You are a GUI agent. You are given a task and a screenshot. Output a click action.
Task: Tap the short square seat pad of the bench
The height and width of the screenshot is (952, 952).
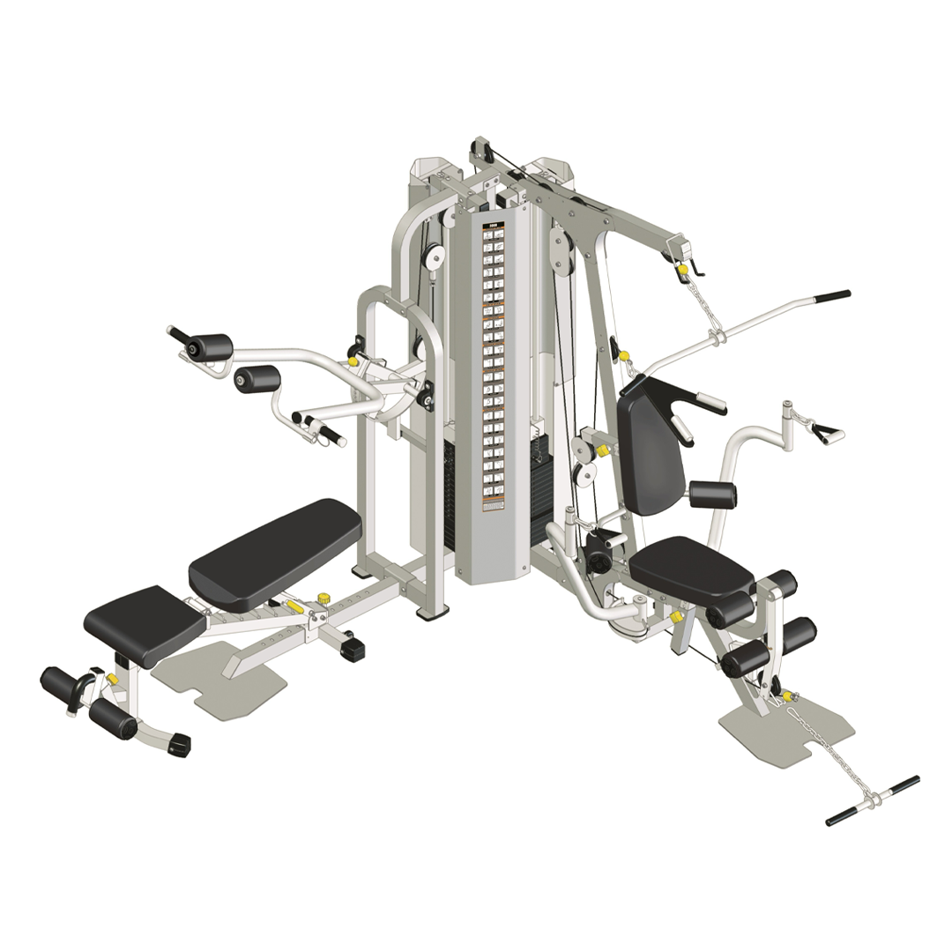[x=145, y=622]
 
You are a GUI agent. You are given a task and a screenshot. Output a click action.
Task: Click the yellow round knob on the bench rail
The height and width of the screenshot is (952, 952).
[x=323, y=599]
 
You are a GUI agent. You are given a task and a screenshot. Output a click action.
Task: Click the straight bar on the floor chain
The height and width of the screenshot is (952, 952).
[x=873, y=800]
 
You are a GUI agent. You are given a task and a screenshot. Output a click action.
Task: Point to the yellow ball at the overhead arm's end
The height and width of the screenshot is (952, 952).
[x=683, y=269]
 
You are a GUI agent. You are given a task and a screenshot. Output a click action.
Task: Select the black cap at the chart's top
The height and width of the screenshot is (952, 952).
[x=492, y=225]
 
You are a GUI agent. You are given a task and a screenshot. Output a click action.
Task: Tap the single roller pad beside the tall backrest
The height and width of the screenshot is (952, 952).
[x=712, y=495]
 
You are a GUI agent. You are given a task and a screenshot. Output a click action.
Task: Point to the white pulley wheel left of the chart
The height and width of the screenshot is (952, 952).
[x=433, y=257]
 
